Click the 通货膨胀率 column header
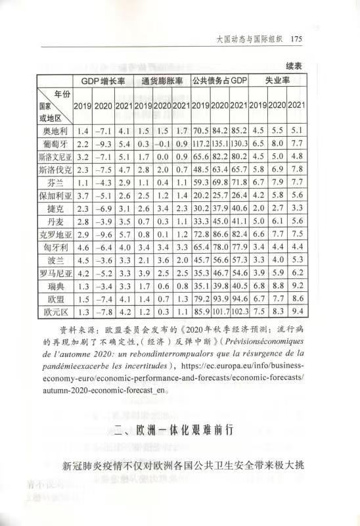point(164,82)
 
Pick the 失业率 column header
point(279,82)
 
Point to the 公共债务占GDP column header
point(220,82)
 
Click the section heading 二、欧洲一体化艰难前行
point(180,432)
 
